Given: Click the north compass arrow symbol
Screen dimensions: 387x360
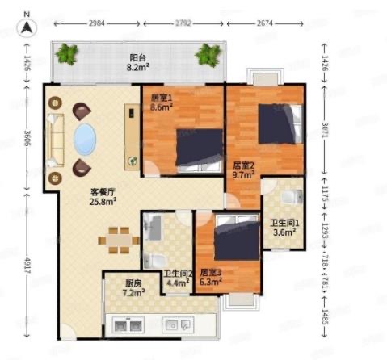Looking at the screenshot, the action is (x=27, y=27).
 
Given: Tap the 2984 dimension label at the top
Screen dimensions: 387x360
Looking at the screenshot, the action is (x=97, y=23).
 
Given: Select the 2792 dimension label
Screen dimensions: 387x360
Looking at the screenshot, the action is (x=183, y=23).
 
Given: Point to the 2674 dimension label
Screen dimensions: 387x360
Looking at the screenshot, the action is (x=265, y=23).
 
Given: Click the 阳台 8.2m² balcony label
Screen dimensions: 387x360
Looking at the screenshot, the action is (x=138, y=62).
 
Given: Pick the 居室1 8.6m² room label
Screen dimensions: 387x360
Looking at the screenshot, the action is (x=162, y=103).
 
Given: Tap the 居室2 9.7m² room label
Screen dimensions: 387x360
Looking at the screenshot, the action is (x=243, y=170).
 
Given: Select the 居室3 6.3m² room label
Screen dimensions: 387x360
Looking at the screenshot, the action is (x=211, y=277).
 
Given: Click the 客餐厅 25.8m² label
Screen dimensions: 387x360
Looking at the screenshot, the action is (x=103, y=197).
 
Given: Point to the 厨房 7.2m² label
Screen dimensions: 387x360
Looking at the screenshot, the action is (x=133, y=288).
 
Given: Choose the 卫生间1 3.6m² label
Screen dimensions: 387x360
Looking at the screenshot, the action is (x=284, y=228).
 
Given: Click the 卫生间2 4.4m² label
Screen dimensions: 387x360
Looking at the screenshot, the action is (x=178, y=278).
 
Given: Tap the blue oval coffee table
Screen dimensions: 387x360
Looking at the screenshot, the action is (x=85, y=139).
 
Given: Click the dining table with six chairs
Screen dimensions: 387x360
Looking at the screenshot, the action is (x=119, y=241).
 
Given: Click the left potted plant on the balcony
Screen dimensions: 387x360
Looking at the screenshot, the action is (x=66, y=54).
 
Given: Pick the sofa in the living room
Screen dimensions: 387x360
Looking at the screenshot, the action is (x=55, y=140).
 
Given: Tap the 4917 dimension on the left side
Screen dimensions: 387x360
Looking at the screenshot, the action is (x=27, y=265).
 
